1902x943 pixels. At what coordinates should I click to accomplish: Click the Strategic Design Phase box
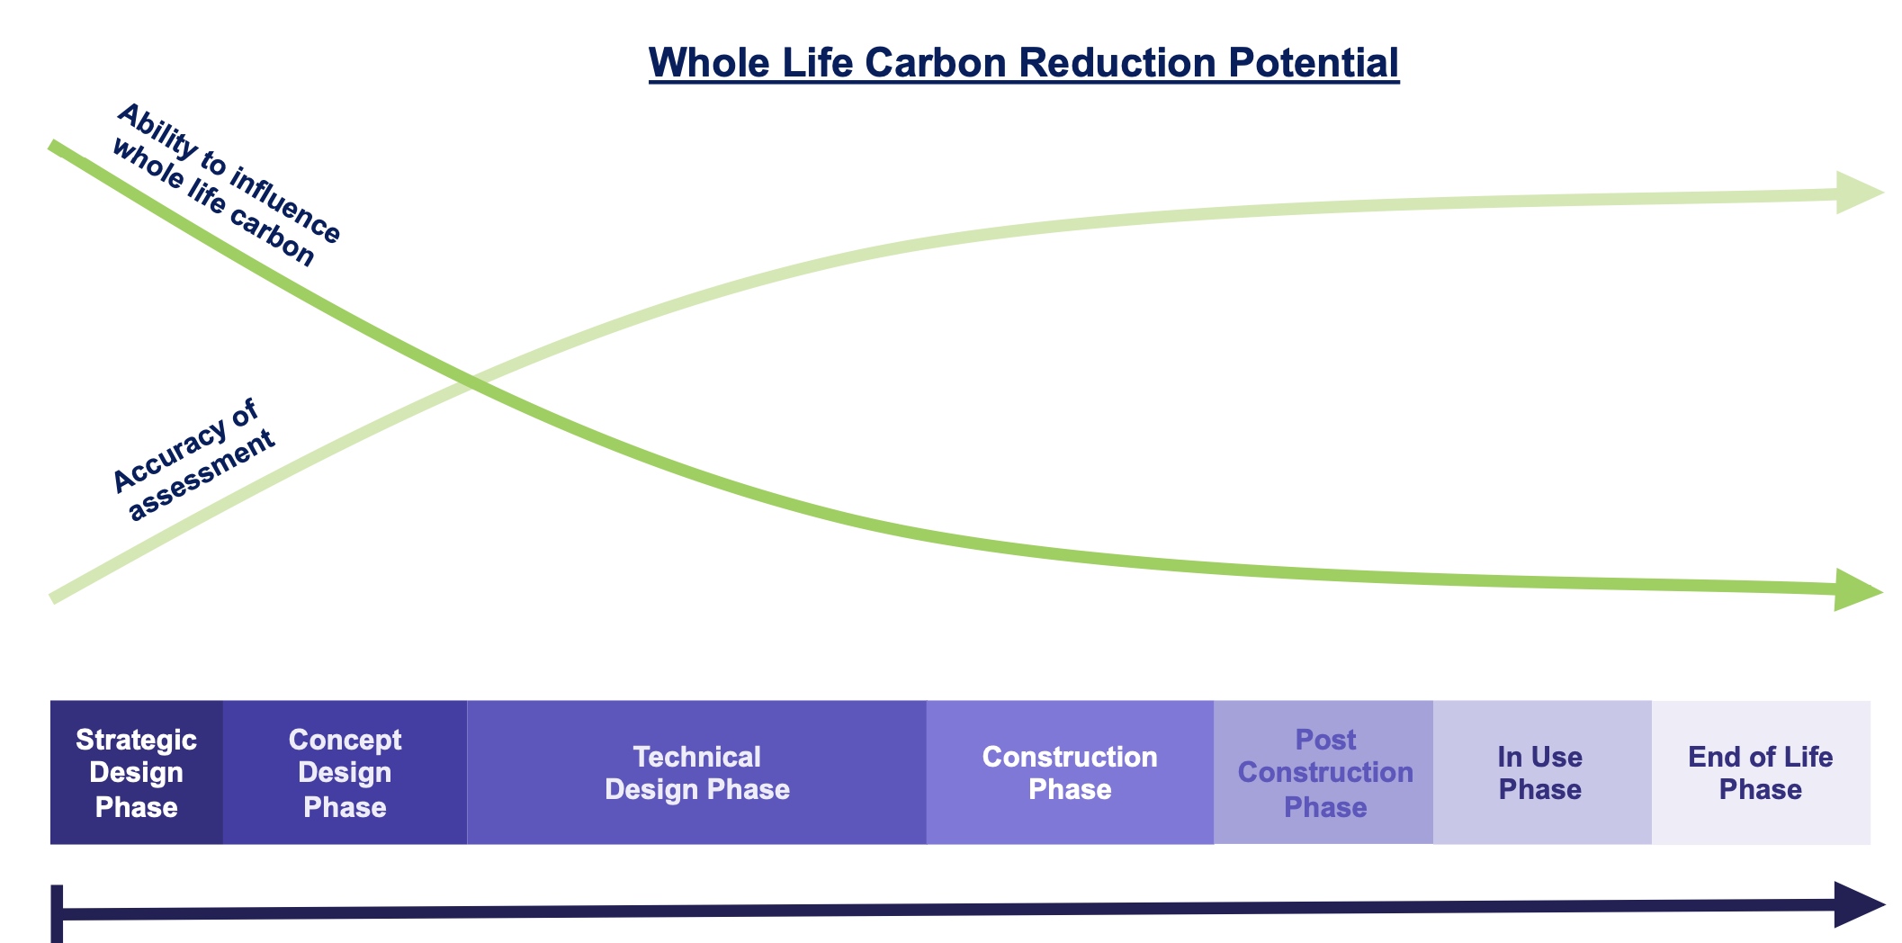pyautogui.click(x=137, y=772)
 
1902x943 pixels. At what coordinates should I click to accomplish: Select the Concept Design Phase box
pyautogui.click(x=345, y=772)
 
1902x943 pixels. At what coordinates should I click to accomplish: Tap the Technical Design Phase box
pyautogui.click(x=697, y=772)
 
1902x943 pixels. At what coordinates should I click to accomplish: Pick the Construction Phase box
pyautogui.click(x=1071, y=772)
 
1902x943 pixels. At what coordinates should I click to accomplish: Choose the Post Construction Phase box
pyautogui.click(x=1323, y=772)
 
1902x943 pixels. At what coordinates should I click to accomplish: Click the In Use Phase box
pyautogui.click(x=1542, y=772)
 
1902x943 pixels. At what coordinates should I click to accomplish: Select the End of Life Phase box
pyautogui.click(x=1761, y=772)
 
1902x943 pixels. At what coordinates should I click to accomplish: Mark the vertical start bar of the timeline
pyautogui.click(x=57, y=914)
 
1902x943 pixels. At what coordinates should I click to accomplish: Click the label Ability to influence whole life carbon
pyautogui.click(x=227, y=185)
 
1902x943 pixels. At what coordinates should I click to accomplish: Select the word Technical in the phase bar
pyautogui.click(x=697, y=757)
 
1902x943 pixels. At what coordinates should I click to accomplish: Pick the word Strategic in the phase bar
pyautogui.click(x=137, y=740)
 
